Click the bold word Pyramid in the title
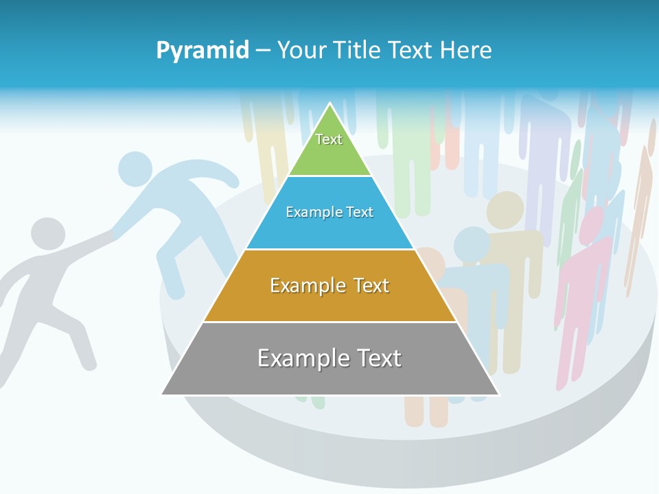click(x=203, y=51)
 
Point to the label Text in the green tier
click(x=329, y=139)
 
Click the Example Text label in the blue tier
click(x=329, y=212)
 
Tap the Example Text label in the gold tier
click(x=329, y=285)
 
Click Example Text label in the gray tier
click(x=329, y=358)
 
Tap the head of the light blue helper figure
click(x=135, y=169)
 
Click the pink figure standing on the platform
click(x=583, y=288)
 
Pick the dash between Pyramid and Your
click(x=263, y=51)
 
